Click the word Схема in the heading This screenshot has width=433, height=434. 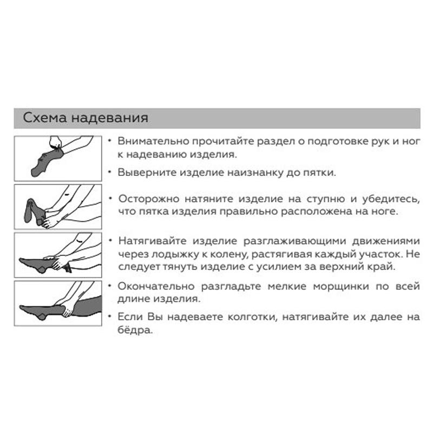(x=45, y=117)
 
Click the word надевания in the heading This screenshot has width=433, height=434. (x=110, y=118)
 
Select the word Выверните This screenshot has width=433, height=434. (x=147, y=173)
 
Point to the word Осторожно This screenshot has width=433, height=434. (x=148, y=199)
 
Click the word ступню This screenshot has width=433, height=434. (x=325, y=199)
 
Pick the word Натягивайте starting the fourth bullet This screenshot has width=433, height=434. (x=152, y=241)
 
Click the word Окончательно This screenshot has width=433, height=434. (x=156, y=286)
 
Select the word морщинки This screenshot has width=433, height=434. (x=341, y=287)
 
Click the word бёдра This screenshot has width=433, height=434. (x=135, y=330)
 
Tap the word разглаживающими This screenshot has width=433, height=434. (x=295, y=241)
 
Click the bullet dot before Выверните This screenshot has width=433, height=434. (x=110, y=172)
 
